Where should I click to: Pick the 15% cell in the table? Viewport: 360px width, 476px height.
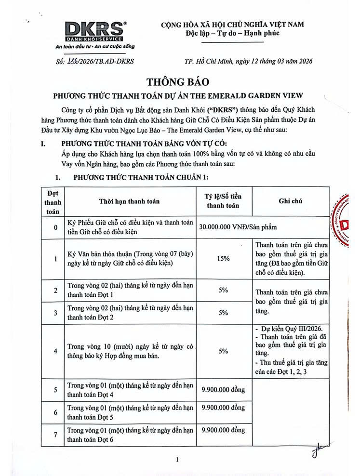[x=223, y=259]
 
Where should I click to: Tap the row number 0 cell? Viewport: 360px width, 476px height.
[x=55, y=227]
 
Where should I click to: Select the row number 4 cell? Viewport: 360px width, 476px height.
[x=55, y=351]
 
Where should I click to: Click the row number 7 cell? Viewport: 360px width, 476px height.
[x=55, y=435]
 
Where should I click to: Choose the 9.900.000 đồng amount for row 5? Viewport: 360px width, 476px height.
[x=223, y=388]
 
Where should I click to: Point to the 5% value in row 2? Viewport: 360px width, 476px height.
[x=223, y=291]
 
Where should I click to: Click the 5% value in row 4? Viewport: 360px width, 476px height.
[x=223, y=351]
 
